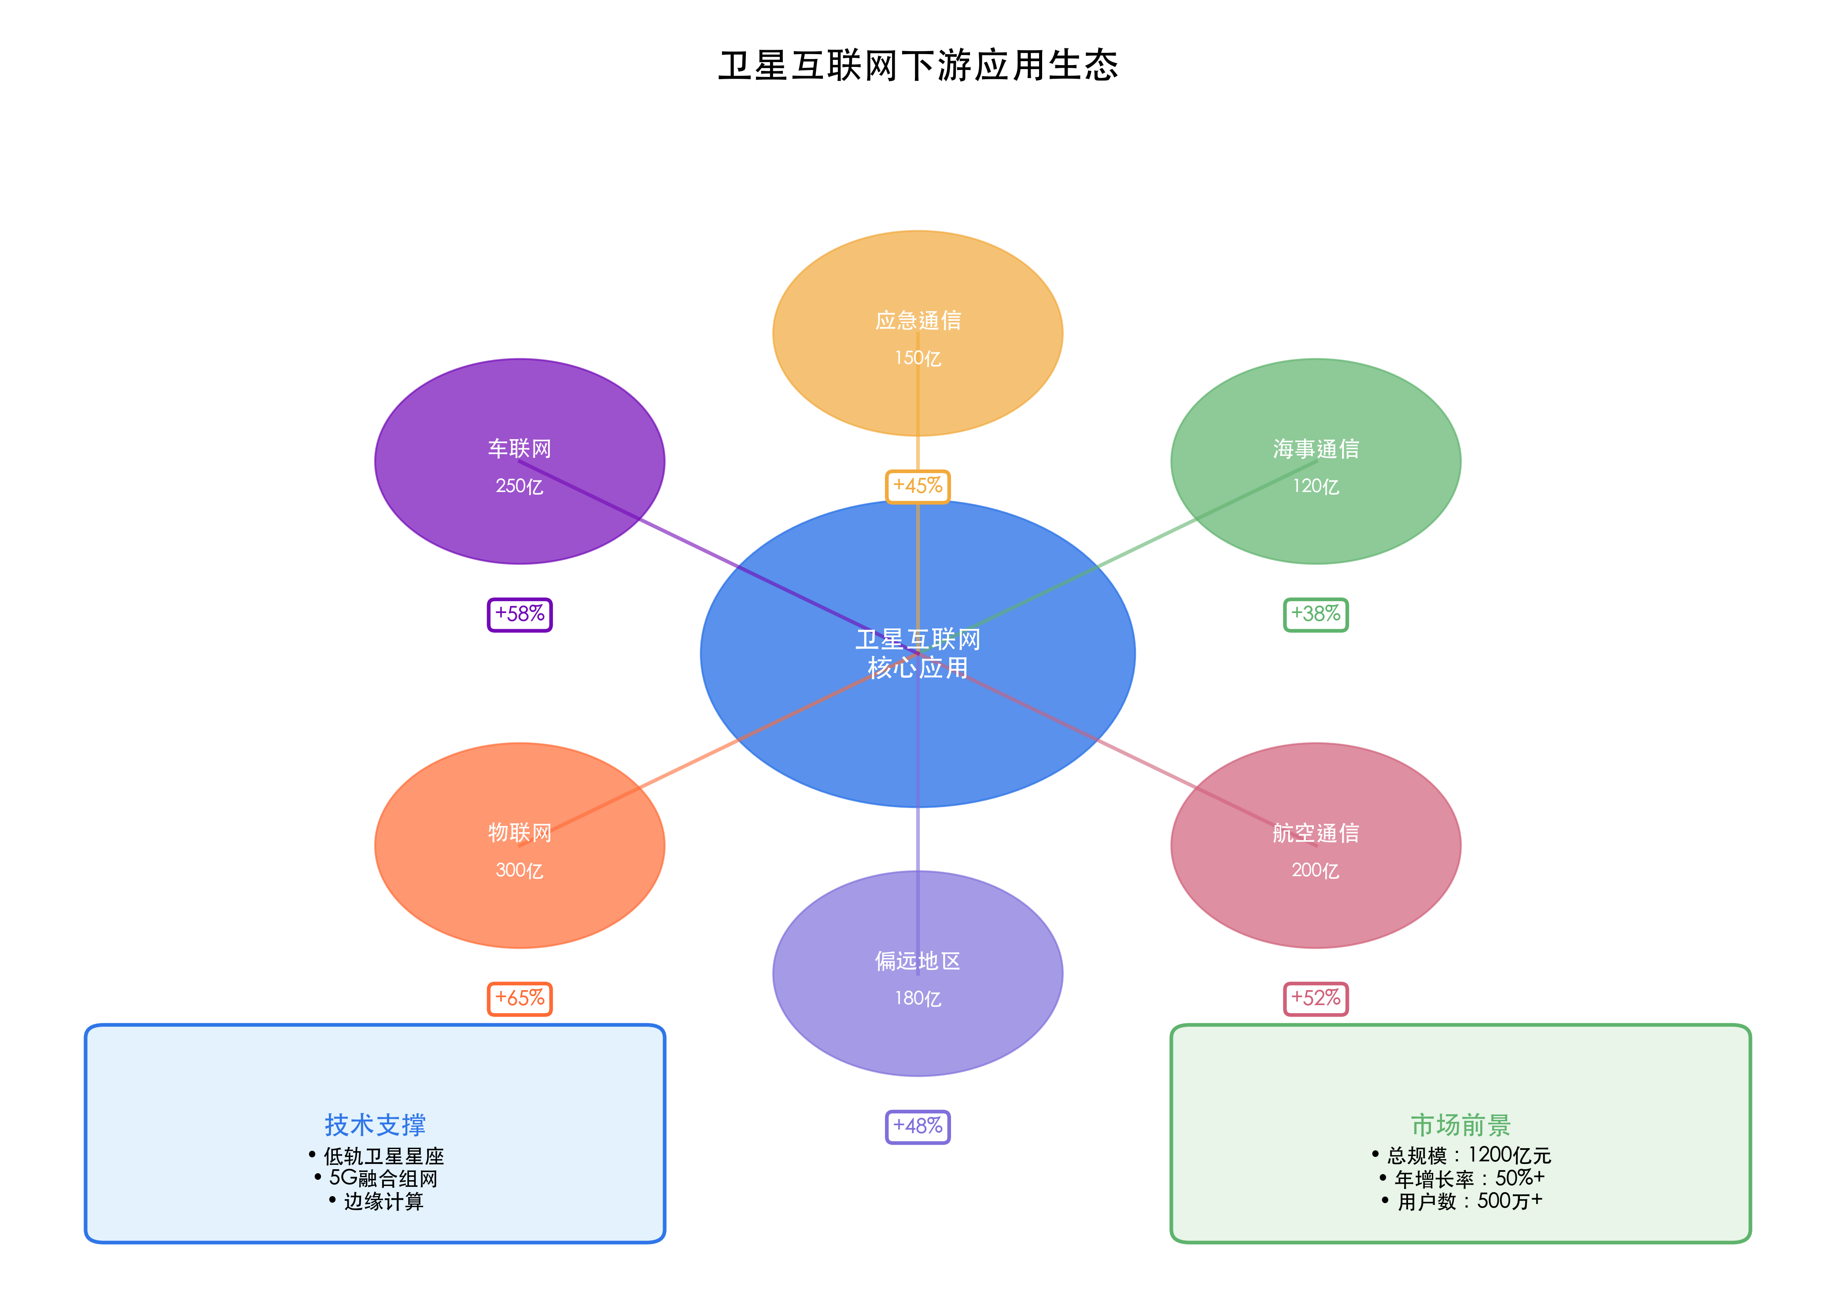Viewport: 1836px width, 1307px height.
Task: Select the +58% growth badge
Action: point(520,614)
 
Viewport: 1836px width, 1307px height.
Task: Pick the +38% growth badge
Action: point(1315,614)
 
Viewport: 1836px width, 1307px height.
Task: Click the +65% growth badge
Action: point(520,998)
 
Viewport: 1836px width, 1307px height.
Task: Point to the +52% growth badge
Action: point(1315,998)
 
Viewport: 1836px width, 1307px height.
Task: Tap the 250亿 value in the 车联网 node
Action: point(520,486)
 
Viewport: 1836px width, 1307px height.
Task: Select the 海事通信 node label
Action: point(1315,448)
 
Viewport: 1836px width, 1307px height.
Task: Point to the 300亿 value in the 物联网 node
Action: point(520,870)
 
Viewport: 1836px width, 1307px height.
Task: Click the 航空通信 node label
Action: point(1315,833)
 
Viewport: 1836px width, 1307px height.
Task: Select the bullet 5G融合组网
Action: point(383,1178)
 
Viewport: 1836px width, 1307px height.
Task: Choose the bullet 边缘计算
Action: point(383,1201)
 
